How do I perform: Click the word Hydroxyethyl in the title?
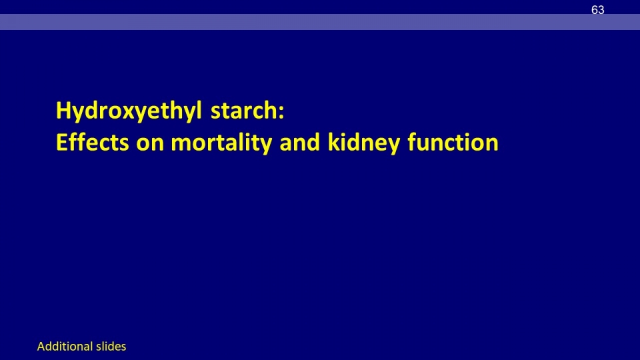pyautogui.click(x=129, y=111)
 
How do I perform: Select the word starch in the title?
pyautogui.click(x=244, y=111)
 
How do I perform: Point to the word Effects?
pyautogui.click(x=92, y=142)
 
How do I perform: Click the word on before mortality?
pyautogui.click(x=150, y=145)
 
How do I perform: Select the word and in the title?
pyautogui.click(x=299, y=142)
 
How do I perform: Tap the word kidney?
pyautogui.click(x=364, y=143)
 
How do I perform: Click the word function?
pyautogui.click(x=453, y=142)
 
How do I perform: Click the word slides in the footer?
pyautogui.click(x=111, y=347)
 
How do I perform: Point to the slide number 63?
pyautogui.click(x=597, y=10)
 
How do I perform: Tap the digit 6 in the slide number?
pyautogui.click(x=594, y=10)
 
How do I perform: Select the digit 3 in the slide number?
pyautogui.click(x=601, y=10)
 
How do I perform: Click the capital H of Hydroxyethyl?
pyautogui.click(x=64, y=110)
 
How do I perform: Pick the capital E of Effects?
pyautogui.click(x=62, y=142)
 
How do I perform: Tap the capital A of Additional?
pyautogui.click(x=41, y=347)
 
